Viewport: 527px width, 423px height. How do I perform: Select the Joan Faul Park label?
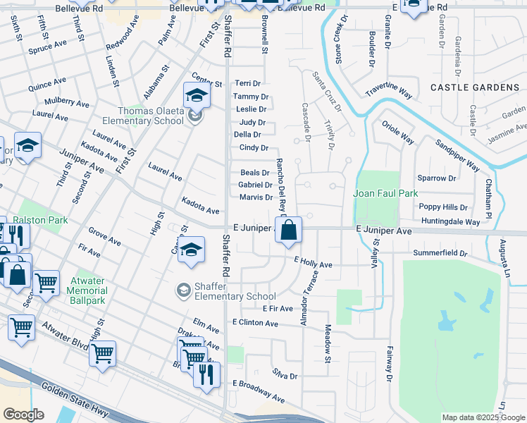tap(385, 193)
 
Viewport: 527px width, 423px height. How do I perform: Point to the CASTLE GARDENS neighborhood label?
tap(474, 87)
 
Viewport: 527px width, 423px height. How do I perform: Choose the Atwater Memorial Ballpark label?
tap(79, 290)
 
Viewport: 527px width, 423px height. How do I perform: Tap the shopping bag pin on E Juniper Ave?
tap(289, 230)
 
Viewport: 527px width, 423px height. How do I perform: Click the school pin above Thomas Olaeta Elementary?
tap(197, 94)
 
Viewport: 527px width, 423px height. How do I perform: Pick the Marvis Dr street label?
tap(255, 197)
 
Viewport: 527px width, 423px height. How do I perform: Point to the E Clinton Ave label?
tap(255, 323)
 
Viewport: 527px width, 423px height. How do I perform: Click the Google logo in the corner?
tap(23, 415)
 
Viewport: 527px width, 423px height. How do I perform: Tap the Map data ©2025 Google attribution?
tap(483, 417)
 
